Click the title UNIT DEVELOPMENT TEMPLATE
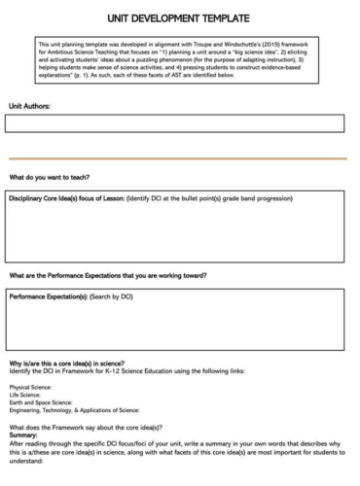click(179, 18)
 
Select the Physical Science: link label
click(29, 387)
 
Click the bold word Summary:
click(23, 435)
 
